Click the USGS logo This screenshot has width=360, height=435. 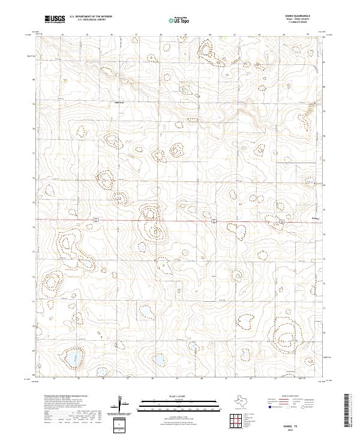(55, 19)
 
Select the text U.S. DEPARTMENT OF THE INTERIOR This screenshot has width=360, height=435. (91, 17)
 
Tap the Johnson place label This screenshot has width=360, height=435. (119, 102)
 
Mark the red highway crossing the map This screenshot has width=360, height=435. (180, 221)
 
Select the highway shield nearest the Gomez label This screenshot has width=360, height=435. (281, 220)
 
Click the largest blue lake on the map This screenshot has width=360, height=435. (73, 358)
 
